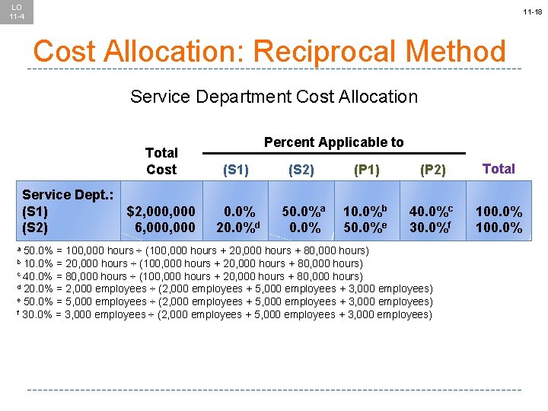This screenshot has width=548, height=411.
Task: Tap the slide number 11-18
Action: pyautogui.click(x=531, y=13)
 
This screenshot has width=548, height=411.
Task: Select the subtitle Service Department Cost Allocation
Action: pyautogui.click(x=274, y=97)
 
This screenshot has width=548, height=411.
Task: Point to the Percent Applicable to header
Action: pyautogui.click(x=333, y=142)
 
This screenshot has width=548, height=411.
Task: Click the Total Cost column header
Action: pyautogui.click(x=161, y=161)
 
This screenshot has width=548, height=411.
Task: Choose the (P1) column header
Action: pyautogui.click(x=367, y=170)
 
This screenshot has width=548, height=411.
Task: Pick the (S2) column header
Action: pyautogui.click(x=301, y=170)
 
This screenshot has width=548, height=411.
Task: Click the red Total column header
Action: pyautogui.click(x=499, y=169)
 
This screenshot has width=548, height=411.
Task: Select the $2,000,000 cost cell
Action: pyautogui.click(x=161, y=211)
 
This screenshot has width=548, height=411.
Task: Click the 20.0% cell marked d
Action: pyautogui.click(x=236, y=228)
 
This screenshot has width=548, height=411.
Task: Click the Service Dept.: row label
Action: pyautogui.click(x=68, y=195)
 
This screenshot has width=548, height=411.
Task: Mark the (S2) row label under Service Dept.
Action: pyautogui.click(x=35, y=228)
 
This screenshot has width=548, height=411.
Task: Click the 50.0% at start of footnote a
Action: pyautogui.click(x=38, y=250)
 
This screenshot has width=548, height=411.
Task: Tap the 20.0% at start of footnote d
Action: pyautogui.click(x=38, y=289)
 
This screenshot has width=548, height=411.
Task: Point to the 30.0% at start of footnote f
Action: pyautogui.click(x=38, y=315)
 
